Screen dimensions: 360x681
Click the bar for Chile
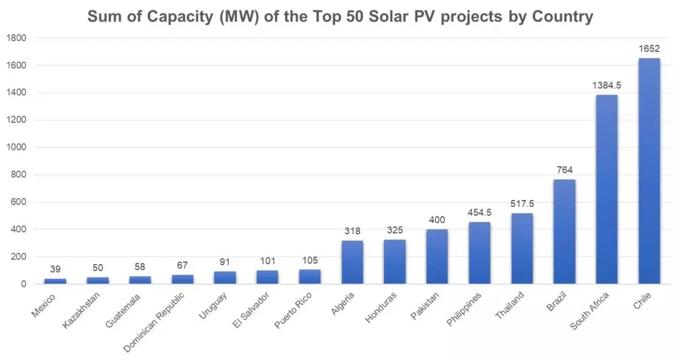coord(649,171)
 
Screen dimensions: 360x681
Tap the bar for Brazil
coord(564,231)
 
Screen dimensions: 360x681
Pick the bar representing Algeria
coord(352,262)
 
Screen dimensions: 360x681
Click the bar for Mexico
coord(54,281)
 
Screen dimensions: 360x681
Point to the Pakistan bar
coord(437,257)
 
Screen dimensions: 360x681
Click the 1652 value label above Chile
coord(649,50)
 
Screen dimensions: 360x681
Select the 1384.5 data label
coord(606,86)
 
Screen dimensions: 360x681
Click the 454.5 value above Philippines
coord(479,213)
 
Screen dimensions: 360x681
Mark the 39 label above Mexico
coord(54,269)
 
